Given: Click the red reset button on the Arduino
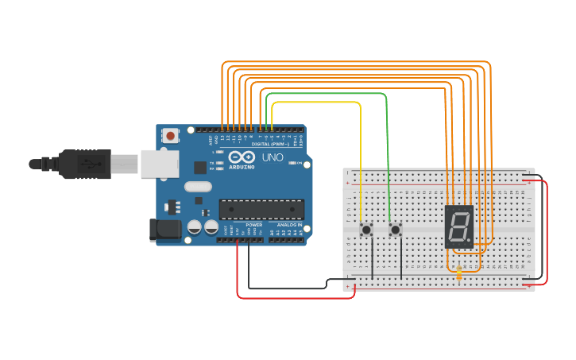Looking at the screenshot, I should tap(171, 137).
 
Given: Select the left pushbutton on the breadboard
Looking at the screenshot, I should tap(367, 230).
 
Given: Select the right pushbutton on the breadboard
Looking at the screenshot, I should tap(396, 230).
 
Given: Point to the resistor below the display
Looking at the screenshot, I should tap(459, 273).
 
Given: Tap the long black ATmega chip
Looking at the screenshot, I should tap(261, 209).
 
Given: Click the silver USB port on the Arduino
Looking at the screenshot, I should tap(156, 163).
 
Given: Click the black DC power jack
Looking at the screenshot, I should tap(165, 230).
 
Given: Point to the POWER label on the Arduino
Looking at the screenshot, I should tap(253, 225).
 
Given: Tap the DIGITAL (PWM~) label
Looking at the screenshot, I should tap(269, 144).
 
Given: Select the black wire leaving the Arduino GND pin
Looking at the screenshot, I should tap(249, 270).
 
